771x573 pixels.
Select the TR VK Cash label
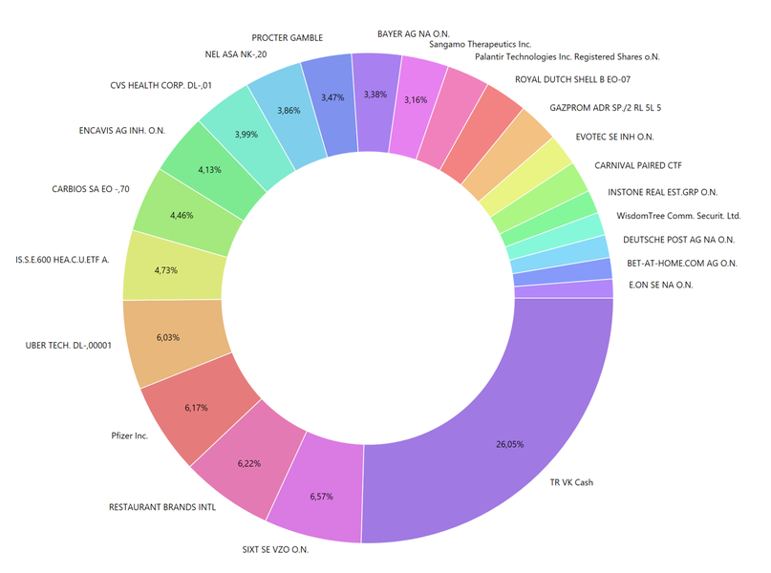(x=570, y=482)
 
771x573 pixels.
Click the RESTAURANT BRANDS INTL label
(x=162, y=507)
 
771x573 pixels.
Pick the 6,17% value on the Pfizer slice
(x=196, y=408)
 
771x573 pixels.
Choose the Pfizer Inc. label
(x=129, y=435)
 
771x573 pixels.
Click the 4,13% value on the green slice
(x=209, y=170)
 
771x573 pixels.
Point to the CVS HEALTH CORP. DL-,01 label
(x=161, y=86)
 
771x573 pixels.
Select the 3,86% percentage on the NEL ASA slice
(x=289, y=111)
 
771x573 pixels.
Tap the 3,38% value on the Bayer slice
(x=375, y=94)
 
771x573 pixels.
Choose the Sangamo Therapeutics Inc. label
(x=481, y=44)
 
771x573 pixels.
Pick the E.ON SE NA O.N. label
(x=661, y=285)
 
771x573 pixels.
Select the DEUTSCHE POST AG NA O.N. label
(x=678, y=240)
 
